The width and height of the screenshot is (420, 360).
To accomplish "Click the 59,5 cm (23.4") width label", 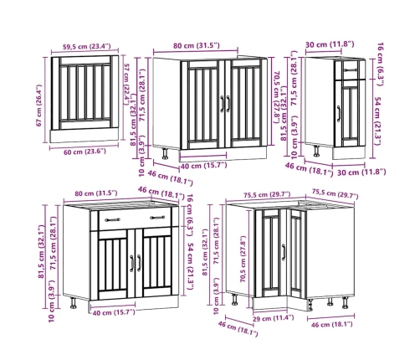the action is (x=86, y=46).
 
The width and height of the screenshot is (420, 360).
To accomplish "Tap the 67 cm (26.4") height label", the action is (x=39, y=105).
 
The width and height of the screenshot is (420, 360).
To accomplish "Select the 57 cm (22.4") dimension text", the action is (x=127, y=85).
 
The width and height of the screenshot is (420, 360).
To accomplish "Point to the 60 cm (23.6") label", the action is (x=85, y=152).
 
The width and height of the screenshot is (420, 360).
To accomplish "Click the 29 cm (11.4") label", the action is (x=273, y=318).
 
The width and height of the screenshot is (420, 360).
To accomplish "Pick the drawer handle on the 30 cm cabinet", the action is (x=351, y=70).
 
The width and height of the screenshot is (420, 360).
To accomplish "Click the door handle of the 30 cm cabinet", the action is (x=339, y=114).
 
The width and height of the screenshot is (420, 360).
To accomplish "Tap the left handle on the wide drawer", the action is (x=113, y=220).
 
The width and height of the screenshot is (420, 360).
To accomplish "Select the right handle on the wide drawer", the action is (x=157, y=218).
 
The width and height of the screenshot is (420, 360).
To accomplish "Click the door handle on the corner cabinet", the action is (x=284, y=252).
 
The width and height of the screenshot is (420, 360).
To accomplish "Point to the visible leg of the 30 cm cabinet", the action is (x=317, y=151).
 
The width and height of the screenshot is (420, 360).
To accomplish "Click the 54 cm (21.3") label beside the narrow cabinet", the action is (x=377, y=121).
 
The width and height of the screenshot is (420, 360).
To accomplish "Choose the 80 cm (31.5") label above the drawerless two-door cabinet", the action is (x=197, y=45).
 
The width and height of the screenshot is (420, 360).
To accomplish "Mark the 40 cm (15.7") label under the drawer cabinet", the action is (x=114, y=312).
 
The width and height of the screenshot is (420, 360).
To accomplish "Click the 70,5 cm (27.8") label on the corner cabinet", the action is (x=243, y=260).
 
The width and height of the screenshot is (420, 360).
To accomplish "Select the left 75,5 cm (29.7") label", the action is (x=267, y=195).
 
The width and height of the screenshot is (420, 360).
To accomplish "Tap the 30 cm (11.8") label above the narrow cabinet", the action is (x=330, y=44).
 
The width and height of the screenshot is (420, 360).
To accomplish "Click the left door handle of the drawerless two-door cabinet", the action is (x=223, y=104).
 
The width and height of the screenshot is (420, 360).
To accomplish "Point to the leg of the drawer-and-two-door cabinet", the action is (x=74, y=303).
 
